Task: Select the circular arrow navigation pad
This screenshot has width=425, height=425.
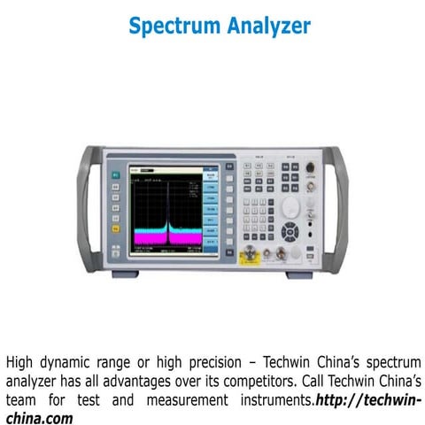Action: tap(291, 232)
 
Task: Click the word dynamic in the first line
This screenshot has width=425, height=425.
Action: tap(71, 363)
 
